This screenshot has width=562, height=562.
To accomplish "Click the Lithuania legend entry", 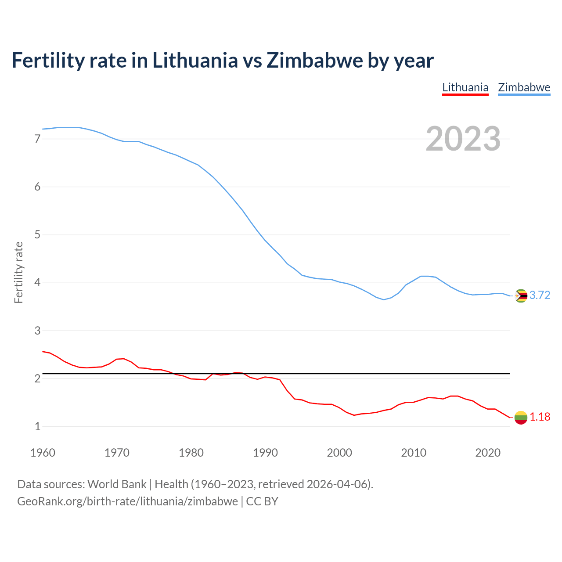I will tap(465, 87).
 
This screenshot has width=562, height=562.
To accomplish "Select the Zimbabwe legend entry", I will tap(524, 87).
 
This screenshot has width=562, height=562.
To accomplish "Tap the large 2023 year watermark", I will tap(463, 139).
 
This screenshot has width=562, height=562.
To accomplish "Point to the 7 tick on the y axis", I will tap(37, 139).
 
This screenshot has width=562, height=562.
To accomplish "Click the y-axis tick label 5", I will tap(37, 235).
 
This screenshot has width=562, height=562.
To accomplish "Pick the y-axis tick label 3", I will tap(37, 331).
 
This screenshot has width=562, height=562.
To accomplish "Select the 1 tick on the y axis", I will tap(37, 426).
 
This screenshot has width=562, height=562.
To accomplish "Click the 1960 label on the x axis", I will tap(43, 453).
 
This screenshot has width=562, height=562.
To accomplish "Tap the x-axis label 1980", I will tap(191, 453).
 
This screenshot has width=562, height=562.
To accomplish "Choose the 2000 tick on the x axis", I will tap(339, 453).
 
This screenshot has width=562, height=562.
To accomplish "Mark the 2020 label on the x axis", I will tap(488, 453).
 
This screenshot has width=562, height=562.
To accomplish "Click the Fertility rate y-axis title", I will tap(18, 272).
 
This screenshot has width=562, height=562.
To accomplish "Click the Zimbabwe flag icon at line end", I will tap(521, 296).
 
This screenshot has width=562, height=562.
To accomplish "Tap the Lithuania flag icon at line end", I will tap(521, 418).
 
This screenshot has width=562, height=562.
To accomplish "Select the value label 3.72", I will tap(540, 295).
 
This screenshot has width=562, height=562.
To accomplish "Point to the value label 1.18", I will tap(540, 417).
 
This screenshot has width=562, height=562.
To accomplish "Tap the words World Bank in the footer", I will tap(117, 484).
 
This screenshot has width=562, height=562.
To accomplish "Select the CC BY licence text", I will tap(262, 501).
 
